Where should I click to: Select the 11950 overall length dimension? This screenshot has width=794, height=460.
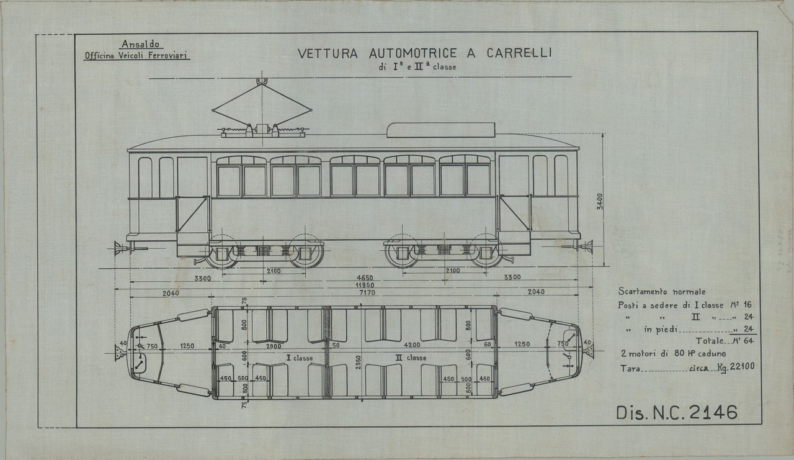355,285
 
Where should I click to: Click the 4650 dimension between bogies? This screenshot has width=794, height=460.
355,277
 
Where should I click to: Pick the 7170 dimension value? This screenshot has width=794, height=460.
355,292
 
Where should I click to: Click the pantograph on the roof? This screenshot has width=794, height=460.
261,110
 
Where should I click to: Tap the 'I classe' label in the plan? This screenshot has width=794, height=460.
299,358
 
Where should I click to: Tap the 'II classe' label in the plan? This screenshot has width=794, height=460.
411,358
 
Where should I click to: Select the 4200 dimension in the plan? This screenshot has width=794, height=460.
410,345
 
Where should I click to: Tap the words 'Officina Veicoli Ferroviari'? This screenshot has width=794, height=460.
137,55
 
